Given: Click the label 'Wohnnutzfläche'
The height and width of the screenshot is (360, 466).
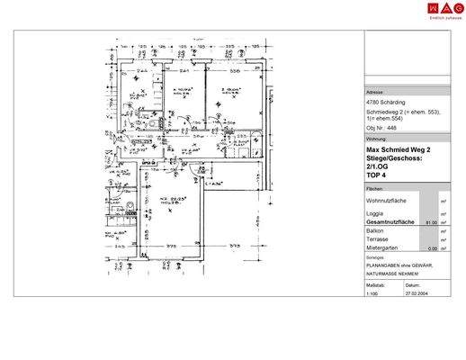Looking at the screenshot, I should (x=386, y=201).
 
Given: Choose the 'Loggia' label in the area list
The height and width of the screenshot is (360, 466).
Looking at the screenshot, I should (x=374, y=213).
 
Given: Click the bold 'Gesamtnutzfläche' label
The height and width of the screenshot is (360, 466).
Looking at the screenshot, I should (x=390, y=221).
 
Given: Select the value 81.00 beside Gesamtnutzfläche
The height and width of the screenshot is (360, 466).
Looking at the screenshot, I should (x=430, y=221).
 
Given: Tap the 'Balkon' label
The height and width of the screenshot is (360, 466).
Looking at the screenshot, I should (x=374, y=230).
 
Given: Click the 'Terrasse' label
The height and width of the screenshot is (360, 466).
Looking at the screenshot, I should (x=377, y=239).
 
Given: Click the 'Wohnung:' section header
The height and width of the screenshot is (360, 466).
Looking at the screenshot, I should (x=376, y=139).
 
